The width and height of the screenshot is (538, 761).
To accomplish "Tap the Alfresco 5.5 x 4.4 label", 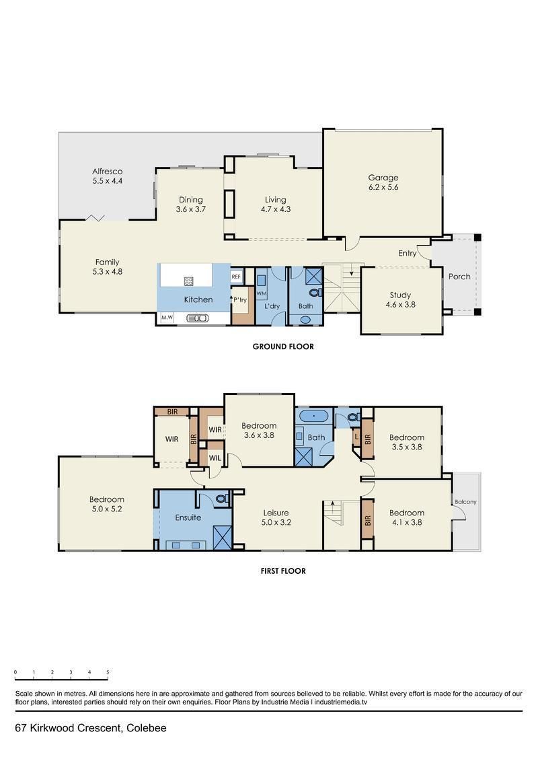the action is (x=107, y=176).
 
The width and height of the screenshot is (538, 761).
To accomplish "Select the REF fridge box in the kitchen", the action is (x=236, y=277).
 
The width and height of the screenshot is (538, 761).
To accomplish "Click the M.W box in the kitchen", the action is (x=167, y=318).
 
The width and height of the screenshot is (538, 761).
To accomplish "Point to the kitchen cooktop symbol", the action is (x=189, y=281).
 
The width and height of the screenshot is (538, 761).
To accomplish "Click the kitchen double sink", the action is (x=198, y=318).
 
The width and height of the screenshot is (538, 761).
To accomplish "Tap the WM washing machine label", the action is (x=261, y=293).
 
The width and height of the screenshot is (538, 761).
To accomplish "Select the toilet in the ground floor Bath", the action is (x=316, y=293).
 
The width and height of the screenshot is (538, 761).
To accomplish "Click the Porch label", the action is (x=459, y=277).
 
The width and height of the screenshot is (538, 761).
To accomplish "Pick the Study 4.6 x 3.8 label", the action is (x=400, y=300).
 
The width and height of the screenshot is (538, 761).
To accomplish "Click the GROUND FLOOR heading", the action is (x=283, y=347).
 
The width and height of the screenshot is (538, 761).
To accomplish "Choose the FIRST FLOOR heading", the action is (x=283, y=571).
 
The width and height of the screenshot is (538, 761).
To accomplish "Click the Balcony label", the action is (x=466, y=502).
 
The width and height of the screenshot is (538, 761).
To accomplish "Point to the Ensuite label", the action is (x=188, y=517).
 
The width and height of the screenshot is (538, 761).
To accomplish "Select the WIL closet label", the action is (x=215, y=458).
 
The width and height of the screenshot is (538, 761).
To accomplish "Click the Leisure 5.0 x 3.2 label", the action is (x=276, y=518).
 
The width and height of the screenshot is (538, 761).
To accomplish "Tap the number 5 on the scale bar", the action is (x=108, y=672).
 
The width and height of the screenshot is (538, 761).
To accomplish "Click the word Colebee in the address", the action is (x=147, y=728).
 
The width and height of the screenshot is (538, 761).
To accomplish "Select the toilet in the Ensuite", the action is (x=222, y=499).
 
